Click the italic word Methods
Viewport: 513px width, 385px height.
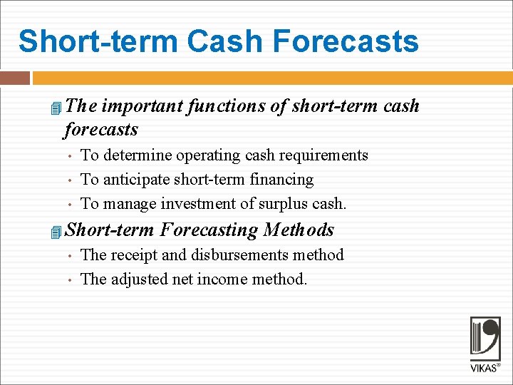[x=299, y=230]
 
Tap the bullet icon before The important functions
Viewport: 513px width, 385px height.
[x=57, y=108]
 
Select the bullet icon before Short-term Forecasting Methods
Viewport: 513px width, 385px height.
[x=57, y=232]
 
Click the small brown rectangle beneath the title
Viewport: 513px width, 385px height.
[x=15, y=78]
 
